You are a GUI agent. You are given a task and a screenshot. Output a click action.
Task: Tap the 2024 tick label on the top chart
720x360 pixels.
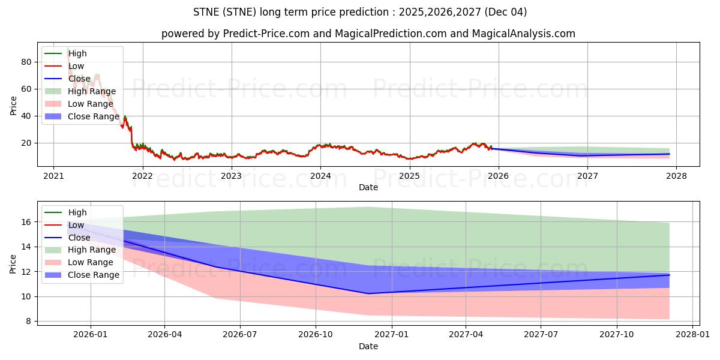pyautogui.click(x=320, y=176)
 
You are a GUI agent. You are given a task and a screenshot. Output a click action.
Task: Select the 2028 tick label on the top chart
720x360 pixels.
pyautogui.click(x=677, y=176)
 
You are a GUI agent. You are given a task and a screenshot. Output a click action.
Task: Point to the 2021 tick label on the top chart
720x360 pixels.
pyautogui.click(x=53, y=176)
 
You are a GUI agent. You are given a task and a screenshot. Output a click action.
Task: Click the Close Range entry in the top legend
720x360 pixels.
pyautogui.click(x=93, y=116)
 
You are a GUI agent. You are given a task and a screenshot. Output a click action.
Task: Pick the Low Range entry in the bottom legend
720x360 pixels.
pyautogui.click(x=90, y=262)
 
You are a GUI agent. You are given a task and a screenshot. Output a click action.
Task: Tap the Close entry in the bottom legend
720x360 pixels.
pyautogui.click(x=79, y=238)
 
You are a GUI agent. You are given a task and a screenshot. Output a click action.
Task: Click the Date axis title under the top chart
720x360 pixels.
pyautogui.click(x=368, y=187)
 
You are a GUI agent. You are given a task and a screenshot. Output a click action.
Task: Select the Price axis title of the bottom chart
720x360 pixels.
pyautogui.click(x=13, y=263)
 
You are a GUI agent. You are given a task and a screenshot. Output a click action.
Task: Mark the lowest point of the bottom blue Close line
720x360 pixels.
pyautogui.click(x=368, y=293)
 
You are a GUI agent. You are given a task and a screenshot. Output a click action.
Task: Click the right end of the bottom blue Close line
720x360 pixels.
pyautogui.click(x=669, y=275)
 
